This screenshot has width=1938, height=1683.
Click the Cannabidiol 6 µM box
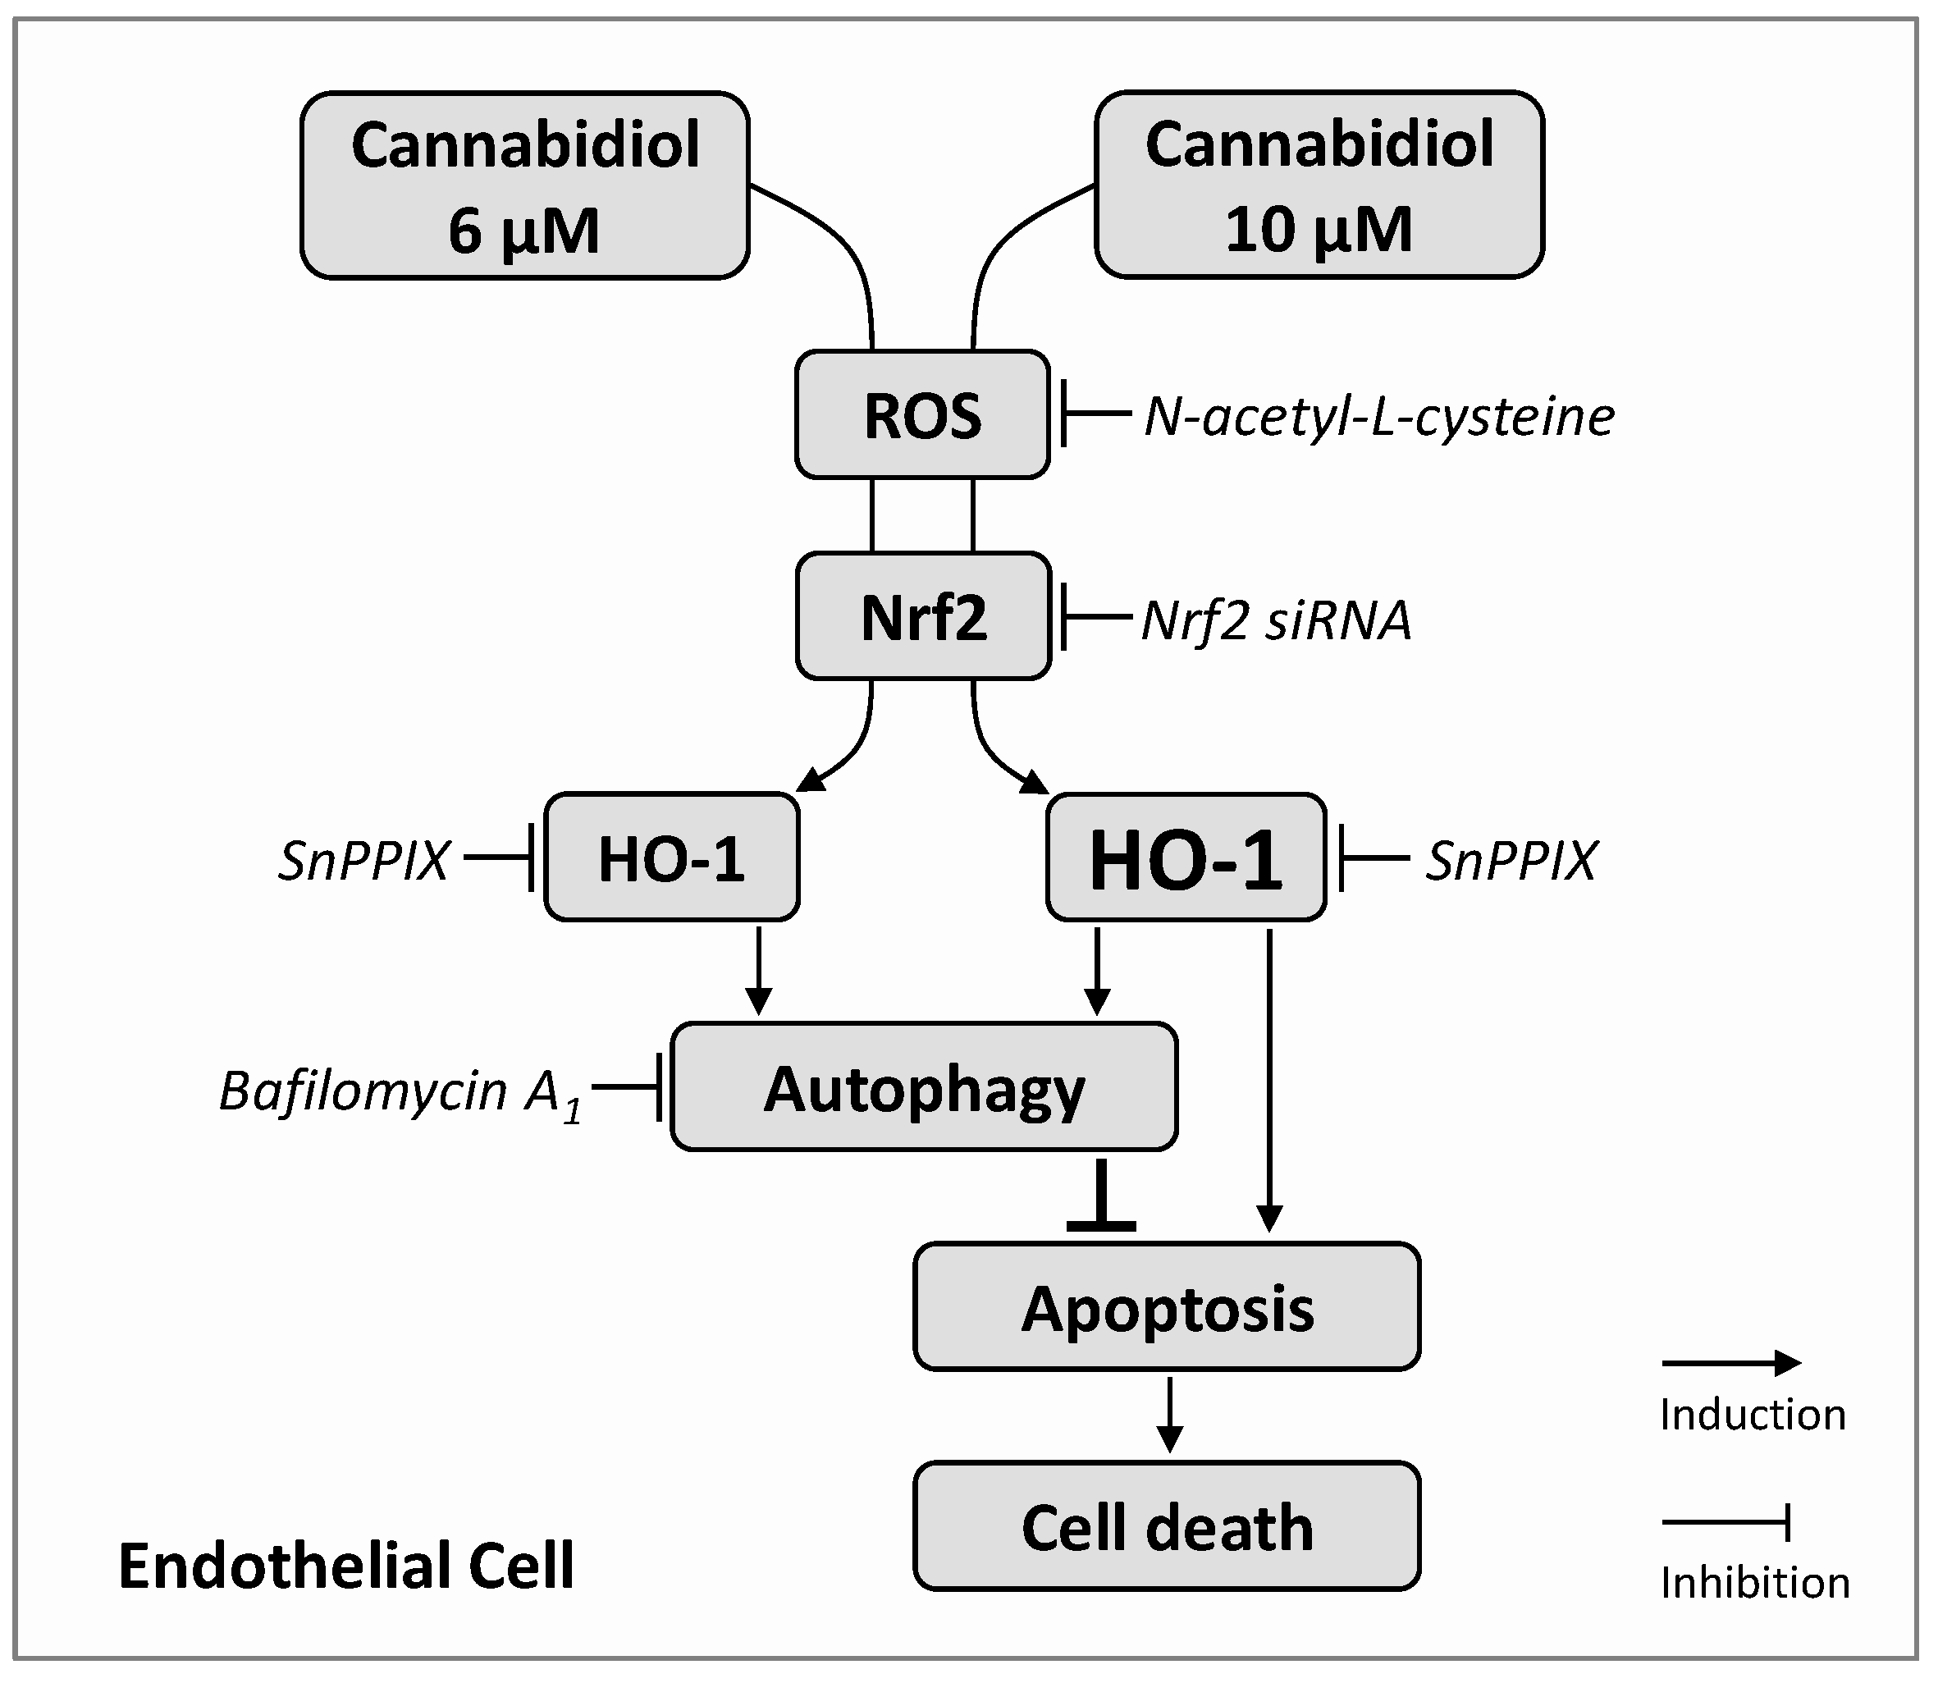click(524, 185)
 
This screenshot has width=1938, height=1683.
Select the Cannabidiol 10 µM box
click(1319, 184)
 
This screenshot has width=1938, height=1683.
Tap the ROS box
click(922, 414)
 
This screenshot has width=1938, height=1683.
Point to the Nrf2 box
click(923, 616)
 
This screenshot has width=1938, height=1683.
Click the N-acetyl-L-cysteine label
click(1378, 416)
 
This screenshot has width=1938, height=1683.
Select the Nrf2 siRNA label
click(1275, 620)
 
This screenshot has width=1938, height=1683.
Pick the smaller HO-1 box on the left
click(671, 857)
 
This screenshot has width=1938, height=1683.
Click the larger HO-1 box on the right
click(1185, 858)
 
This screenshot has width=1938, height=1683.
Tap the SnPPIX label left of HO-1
click(363, 859)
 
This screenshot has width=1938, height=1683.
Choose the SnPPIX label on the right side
click(1510, 859)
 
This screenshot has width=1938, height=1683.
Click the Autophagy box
click(924, 1086)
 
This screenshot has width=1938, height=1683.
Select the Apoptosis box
click(1166, 1306)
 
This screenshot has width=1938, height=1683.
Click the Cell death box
click(1166, 1526)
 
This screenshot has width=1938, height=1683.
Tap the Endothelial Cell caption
click(345, 1566)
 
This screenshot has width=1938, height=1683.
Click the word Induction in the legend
click(1752, 1415)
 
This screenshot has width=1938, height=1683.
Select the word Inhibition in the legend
click(1754, 1583)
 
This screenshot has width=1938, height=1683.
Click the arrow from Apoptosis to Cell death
click(1168, 1414)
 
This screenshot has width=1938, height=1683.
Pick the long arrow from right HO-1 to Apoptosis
click(1268, 1080)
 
